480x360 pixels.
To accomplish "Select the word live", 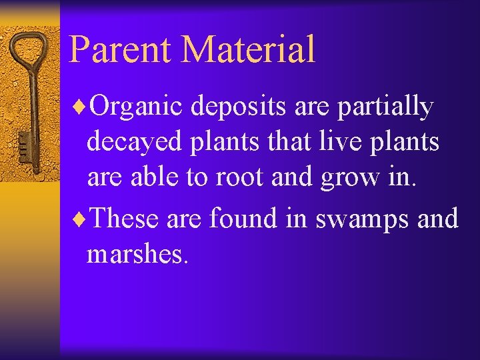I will pos(322,141).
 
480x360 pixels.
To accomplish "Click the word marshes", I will pos(138,254).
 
